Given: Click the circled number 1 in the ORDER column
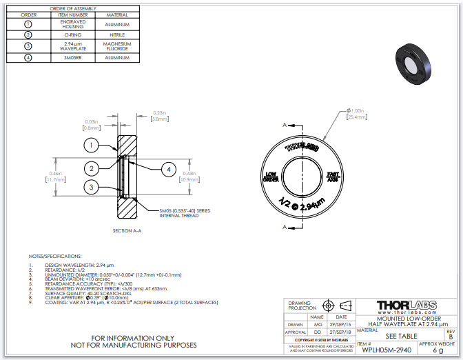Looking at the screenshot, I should (x=28, y=23).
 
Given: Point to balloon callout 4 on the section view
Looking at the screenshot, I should (x=168, y=169).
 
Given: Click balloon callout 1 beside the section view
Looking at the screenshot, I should (x=92, y=146).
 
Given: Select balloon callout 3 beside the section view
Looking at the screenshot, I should (x=92, y=187).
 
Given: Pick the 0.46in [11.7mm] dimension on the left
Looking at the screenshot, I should (x=55, y=176).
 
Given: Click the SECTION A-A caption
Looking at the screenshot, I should (x=127, y=230).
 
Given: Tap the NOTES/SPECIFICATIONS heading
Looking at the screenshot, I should (x=58, y=256).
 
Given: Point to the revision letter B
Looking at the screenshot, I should (x=451, y=336).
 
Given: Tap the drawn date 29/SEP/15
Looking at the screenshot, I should (x=342, y=323).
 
